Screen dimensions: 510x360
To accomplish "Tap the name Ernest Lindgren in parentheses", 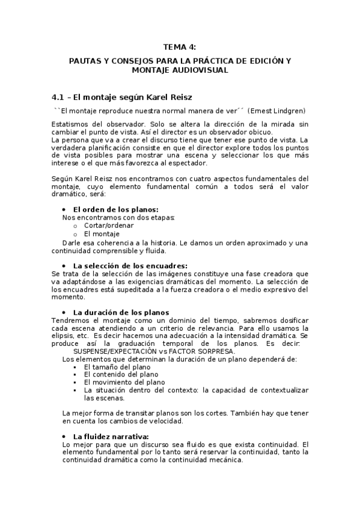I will pyautogui.click(x=278, y=111).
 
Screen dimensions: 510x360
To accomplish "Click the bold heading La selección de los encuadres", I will pyautogui.click(x=130, y=265).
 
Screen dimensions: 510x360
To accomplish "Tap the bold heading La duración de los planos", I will pyautogui.click(x=121, y=312).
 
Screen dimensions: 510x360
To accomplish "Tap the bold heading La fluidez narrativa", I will pyautogui.click(x=111, y=436).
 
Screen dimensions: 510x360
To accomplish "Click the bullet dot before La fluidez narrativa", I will pyautogui.click(x=65, y=436).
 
